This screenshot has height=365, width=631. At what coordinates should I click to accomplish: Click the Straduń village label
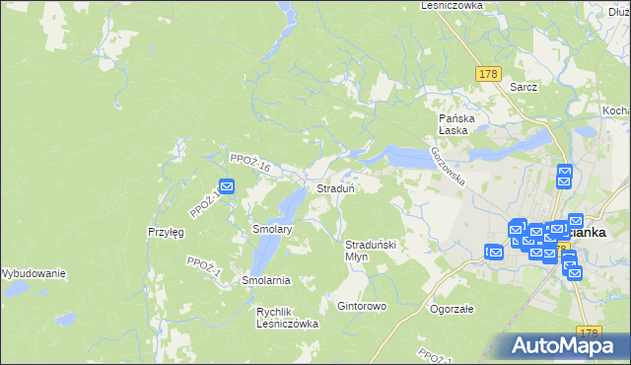pos(335,187)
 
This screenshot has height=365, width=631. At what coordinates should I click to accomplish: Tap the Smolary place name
pos(272,228)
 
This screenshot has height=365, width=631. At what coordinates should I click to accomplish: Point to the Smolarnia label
pos(265,280)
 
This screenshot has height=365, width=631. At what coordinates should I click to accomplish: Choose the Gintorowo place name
pos(362,306)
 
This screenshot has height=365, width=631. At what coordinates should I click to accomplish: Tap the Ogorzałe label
pos(453,308)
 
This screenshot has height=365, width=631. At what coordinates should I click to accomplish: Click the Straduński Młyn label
pos(370,250)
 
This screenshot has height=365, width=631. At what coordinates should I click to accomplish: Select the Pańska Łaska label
pos(457,124)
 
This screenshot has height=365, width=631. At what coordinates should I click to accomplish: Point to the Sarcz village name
pos(524,87)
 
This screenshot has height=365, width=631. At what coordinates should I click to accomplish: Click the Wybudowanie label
pos(33,272)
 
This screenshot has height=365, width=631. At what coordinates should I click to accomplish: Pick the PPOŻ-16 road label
pos(249,162)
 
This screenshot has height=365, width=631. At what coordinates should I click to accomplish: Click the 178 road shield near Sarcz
pos(487,75)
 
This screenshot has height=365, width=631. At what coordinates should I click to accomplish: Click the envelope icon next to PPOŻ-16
pos(227,185)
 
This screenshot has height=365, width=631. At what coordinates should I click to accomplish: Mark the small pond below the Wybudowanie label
pos(65,320)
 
